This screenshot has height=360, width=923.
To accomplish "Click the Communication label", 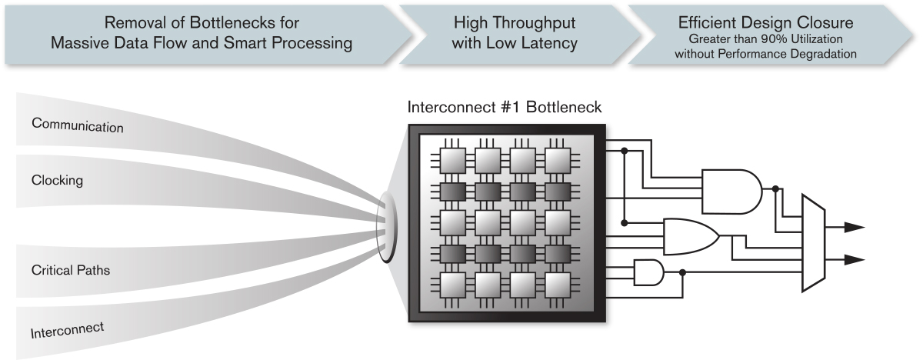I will [77, 125].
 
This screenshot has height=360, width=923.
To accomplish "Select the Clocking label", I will [58, 181].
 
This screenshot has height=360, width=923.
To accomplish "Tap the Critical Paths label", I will [69, 271].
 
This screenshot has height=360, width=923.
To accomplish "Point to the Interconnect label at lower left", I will [67, 331].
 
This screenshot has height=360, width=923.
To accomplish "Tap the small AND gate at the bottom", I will [648, 272].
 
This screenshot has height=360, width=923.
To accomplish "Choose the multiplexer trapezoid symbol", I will [813, 242].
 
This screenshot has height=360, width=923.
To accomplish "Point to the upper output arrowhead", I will [855, 227].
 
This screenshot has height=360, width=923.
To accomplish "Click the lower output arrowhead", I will [855, 258].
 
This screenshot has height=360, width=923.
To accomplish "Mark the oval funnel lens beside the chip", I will [387, 223].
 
